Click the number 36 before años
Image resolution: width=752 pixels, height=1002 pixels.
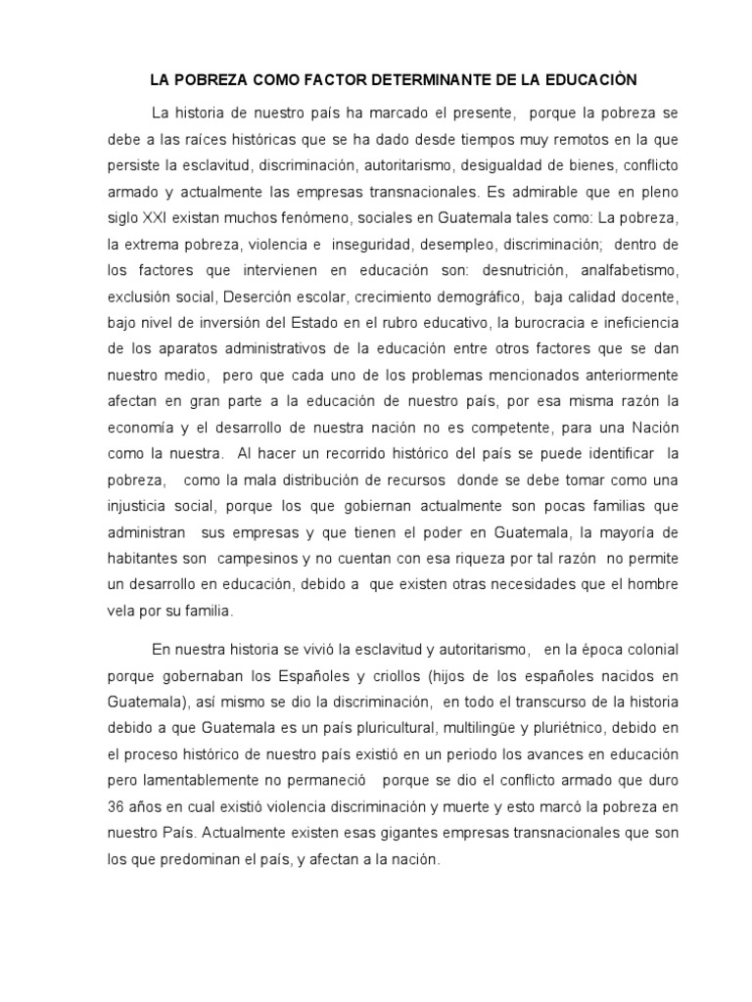coord(117,808)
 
